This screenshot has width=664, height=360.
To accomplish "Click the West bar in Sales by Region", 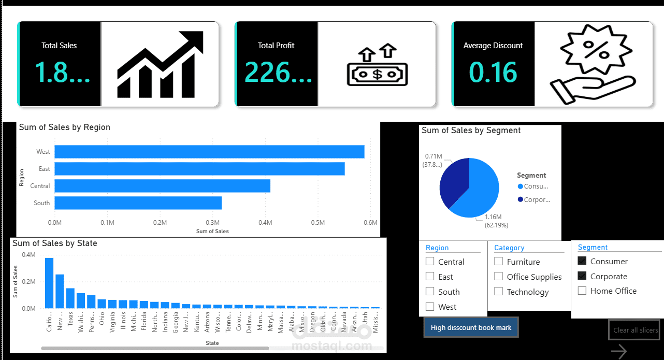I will (x=209, y=152).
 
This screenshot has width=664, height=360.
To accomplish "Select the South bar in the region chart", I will (x=138, y=203).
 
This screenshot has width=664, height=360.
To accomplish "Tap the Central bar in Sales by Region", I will (x=162, y=186).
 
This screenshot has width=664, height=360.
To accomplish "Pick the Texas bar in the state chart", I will (x=70, y=298).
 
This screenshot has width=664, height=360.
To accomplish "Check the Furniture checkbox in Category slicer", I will (x=498, y=262).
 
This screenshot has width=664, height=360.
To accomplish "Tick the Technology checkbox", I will (x=498, y=292).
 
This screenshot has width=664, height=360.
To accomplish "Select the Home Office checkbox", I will (x=582, y=291).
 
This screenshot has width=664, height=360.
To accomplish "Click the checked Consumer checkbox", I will (x=582, y=261).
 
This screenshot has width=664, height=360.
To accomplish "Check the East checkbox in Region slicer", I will (x=430, y=277).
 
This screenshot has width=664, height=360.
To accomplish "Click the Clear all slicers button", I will (x=636, y=330).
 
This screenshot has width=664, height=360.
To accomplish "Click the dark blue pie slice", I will (x=453, y=184).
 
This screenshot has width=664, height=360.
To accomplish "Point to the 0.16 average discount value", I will (x=493, y=73).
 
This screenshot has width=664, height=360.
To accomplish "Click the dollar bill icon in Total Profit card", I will (x=377, y=74).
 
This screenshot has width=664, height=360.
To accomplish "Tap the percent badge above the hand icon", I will (x=589, y=52).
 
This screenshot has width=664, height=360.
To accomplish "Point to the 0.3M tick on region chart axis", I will (x=213, y=223).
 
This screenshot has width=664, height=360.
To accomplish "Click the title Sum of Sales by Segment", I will (x=471, y=131).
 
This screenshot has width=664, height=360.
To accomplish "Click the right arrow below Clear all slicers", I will (x=618, y=352).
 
